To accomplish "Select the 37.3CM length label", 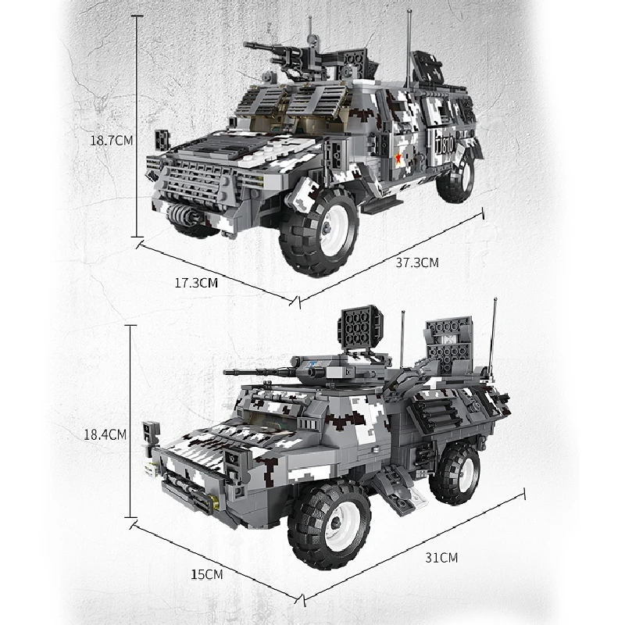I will [x=417, y=262].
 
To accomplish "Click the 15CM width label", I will [x=207, y=575].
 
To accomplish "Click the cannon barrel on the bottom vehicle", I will [x=258, y=370].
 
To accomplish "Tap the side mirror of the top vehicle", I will [x=162, y=141].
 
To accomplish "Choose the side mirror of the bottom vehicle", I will [x=150, y=435].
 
